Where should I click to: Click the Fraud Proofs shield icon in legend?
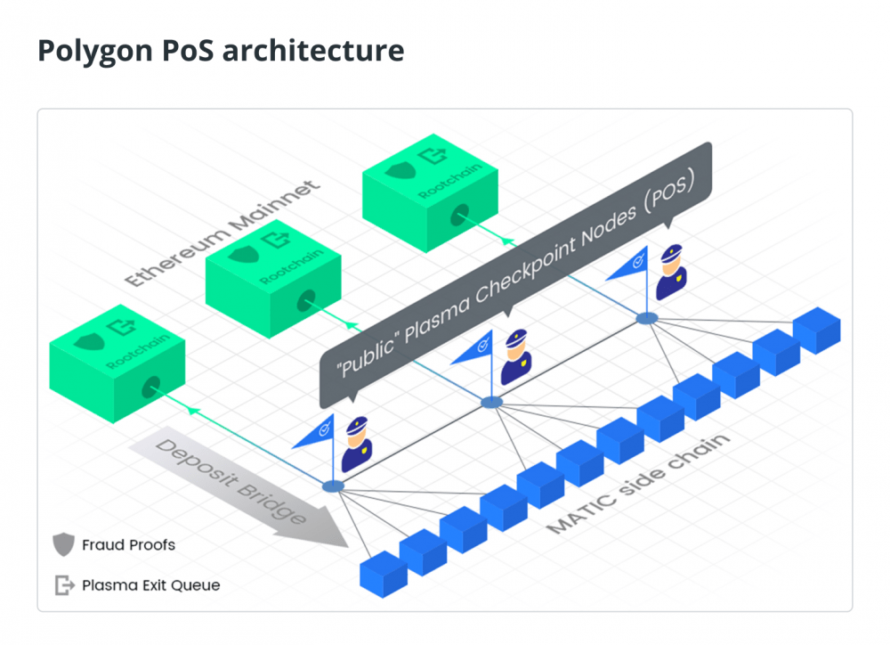point(63,544)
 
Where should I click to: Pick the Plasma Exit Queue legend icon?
point(64,585)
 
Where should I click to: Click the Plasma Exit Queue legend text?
point(150,585)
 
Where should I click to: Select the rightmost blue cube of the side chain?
point(817,329)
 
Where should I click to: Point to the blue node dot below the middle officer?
point(491,403)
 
